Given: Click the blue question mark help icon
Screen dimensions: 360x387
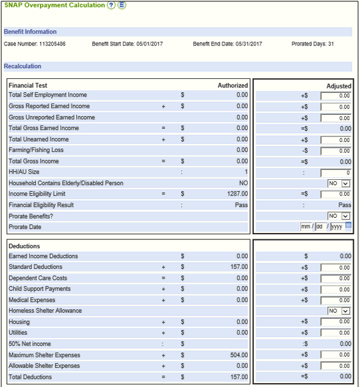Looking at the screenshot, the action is (x=111, y=5).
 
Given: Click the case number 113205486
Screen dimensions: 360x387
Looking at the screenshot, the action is (x=52, y=44).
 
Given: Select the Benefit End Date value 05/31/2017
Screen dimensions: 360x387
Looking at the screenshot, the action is (x=249, y=44).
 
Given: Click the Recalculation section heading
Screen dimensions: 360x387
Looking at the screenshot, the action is (x=23, y=66).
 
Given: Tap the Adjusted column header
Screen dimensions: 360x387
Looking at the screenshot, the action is (x=339, y=86).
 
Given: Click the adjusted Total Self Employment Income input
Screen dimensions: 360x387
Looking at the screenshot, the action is (x=335, y=96).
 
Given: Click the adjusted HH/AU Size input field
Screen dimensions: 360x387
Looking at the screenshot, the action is (x=335, y=173).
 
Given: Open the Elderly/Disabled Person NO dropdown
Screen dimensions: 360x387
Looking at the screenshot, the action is (x=339, y=183).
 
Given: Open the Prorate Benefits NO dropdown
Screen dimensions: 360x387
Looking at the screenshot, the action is (x=339, y=216).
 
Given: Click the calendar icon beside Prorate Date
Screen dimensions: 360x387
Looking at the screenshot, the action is (x=348, y=225).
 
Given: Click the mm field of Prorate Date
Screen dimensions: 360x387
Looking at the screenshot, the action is (x=306, y=227).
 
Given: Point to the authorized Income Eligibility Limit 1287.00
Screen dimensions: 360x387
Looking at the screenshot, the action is (x=237, y=194).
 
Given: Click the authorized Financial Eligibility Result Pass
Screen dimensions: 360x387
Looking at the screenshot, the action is (x=241, y=205).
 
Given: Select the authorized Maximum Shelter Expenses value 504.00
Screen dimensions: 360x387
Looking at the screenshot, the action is (x=239, y=355).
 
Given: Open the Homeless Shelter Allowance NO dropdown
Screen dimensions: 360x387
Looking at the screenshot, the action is (x=339, y=311).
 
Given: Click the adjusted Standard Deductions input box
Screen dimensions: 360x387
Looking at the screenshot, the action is (x=335, y=268).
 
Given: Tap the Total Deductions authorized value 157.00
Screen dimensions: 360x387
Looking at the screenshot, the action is (x=239, y=377).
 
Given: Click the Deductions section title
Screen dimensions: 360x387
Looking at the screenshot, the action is (x=24, y=246).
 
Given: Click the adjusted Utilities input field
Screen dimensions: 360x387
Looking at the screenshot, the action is (x=335, y=333).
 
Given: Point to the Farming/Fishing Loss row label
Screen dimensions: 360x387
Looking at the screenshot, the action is (x=36, y=150).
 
